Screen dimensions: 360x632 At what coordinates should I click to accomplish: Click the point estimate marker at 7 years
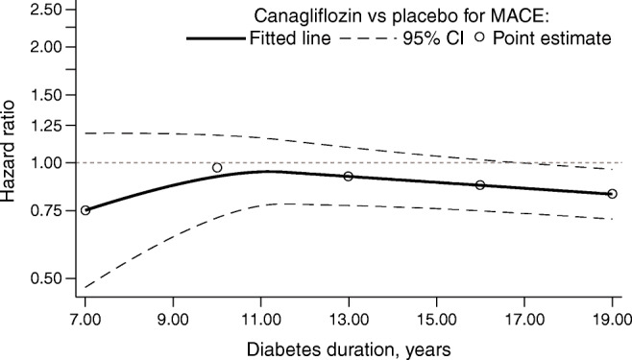tap(85, 210)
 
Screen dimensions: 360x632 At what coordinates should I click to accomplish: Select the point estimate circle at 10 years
tap(217, 168)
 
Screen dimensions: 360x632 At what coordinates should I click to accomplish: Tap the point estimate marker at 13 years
tap(349, 177)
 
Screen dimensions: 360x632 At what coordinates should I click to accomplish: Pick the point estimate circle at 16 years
tap(480, 185)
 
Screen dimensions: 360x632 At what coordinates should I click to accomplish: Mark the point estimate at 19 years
tap(612, 194)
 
